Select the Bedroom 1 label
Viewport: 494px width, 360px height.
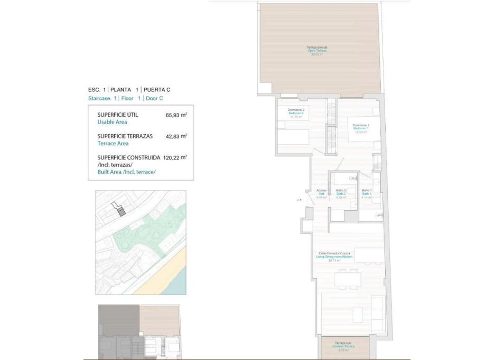click(361, 128)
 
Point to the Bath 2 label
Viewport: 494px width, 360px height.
click(341, 194)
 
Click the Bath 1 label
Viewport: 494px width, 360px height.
click(367, 194)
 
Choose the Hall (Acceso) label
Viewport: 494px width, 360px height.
click(321, 194)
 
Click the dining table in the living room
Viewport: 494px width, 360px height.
click(347, 278)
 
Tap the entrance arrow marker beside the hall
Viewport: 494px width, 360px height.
click(299, 200)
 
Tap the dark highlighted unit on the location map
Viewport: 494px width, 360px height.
click(122, 212)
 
